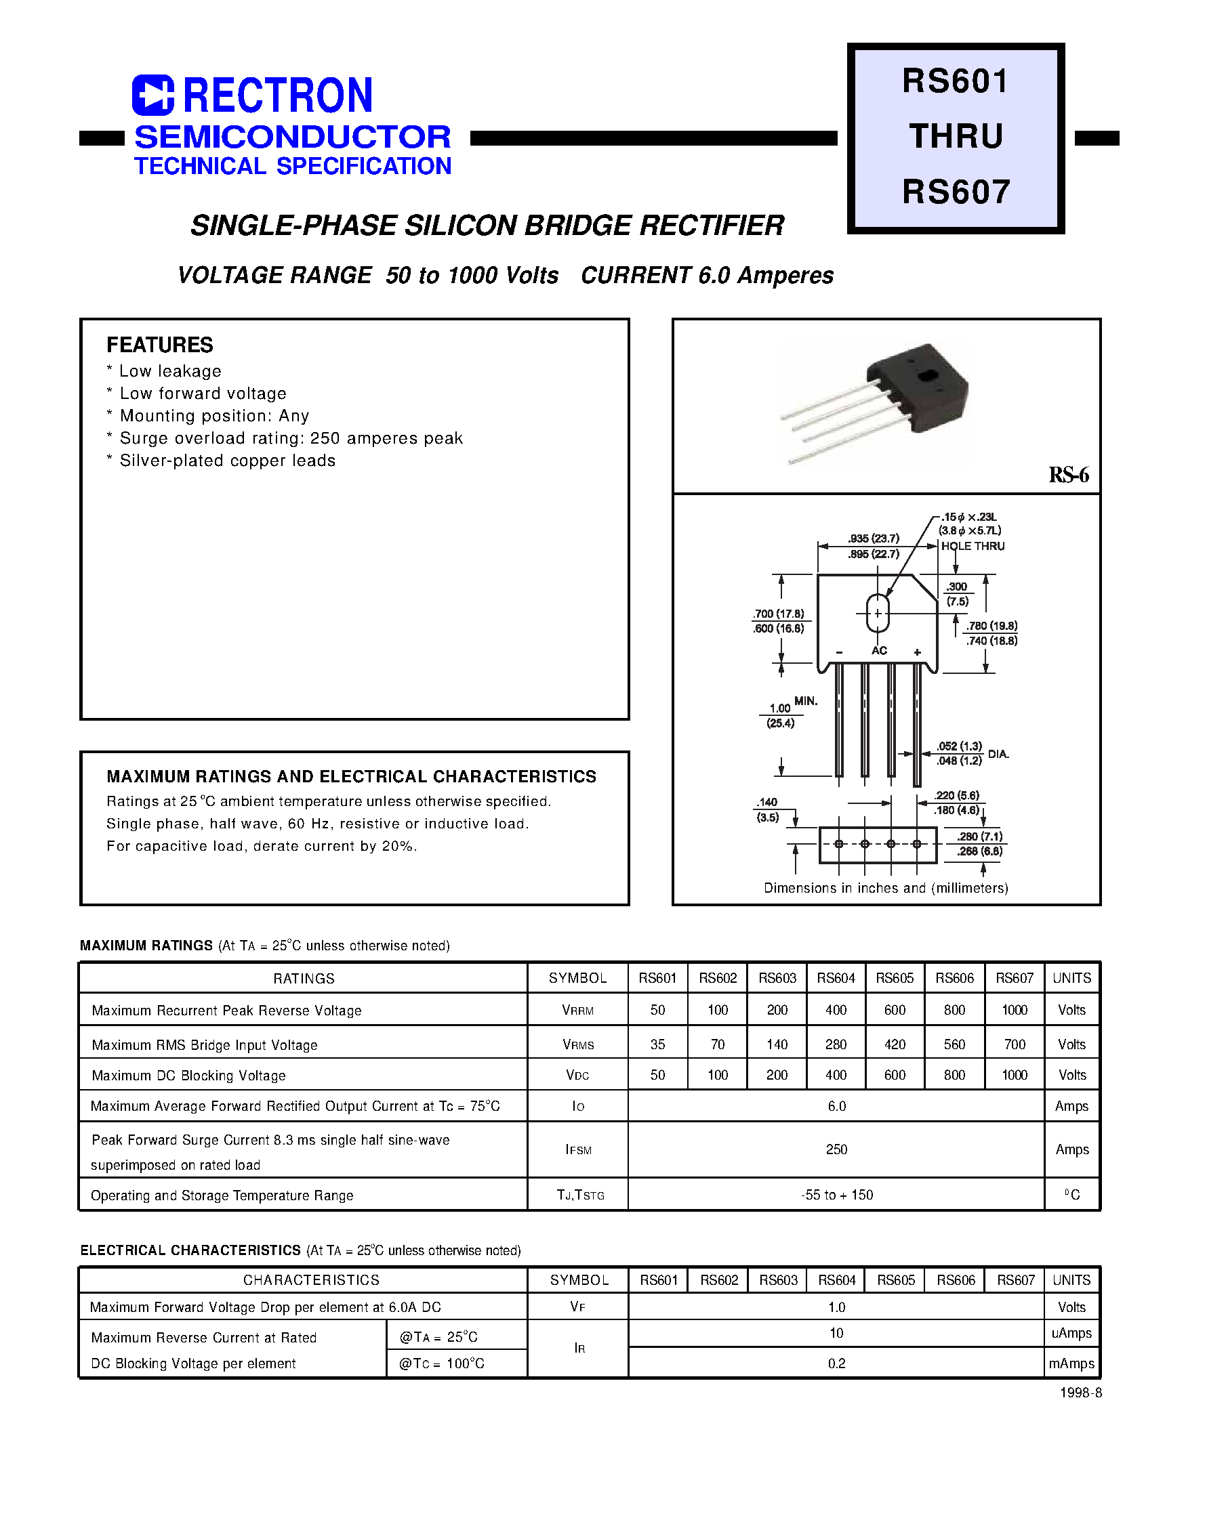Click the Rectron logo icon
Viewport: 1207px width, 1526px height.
point(152,96)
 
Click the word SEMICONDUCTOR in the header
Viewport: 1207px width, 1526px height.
point(293,137)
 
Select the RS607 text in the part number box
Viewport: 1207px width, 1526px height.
point(956,192)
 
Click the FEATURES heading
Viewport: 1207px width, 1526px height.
point(160,345)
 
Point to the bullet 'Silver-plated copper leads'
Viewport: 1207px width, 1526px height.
point(227,461)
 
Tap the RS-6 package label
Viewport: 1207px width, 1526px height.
point(1068,475)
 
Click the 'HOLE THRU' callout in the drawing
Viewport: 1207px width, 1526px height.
point(973,547)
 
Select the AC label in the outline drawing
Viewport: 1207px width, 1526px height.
point(878,651)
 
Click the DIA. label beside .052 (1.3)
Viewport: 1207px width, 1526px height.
point(998,754)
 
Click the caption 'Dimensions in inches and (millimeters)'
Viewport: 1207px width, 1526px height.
point(886,889)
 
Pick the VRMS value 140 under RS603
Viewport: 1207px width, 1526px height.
point(777,1044)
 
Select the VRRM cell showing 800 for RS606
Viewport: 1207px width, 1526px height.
point(954,1011)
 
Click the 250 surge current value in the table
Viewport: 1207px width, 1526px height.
point(836,1149)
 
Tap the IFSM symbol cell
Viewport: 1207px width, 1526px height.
point(578,1150)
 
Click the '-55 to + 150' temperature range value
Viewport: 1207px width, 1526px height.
point(837,1195)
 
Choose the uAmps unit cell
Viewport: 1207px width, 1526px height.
point(1071,1333)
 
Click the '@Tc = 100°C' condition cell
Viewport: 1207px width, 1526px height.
point(442,1363)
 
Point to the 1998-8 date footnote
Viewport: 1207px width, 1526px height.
point(1080,1393)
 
